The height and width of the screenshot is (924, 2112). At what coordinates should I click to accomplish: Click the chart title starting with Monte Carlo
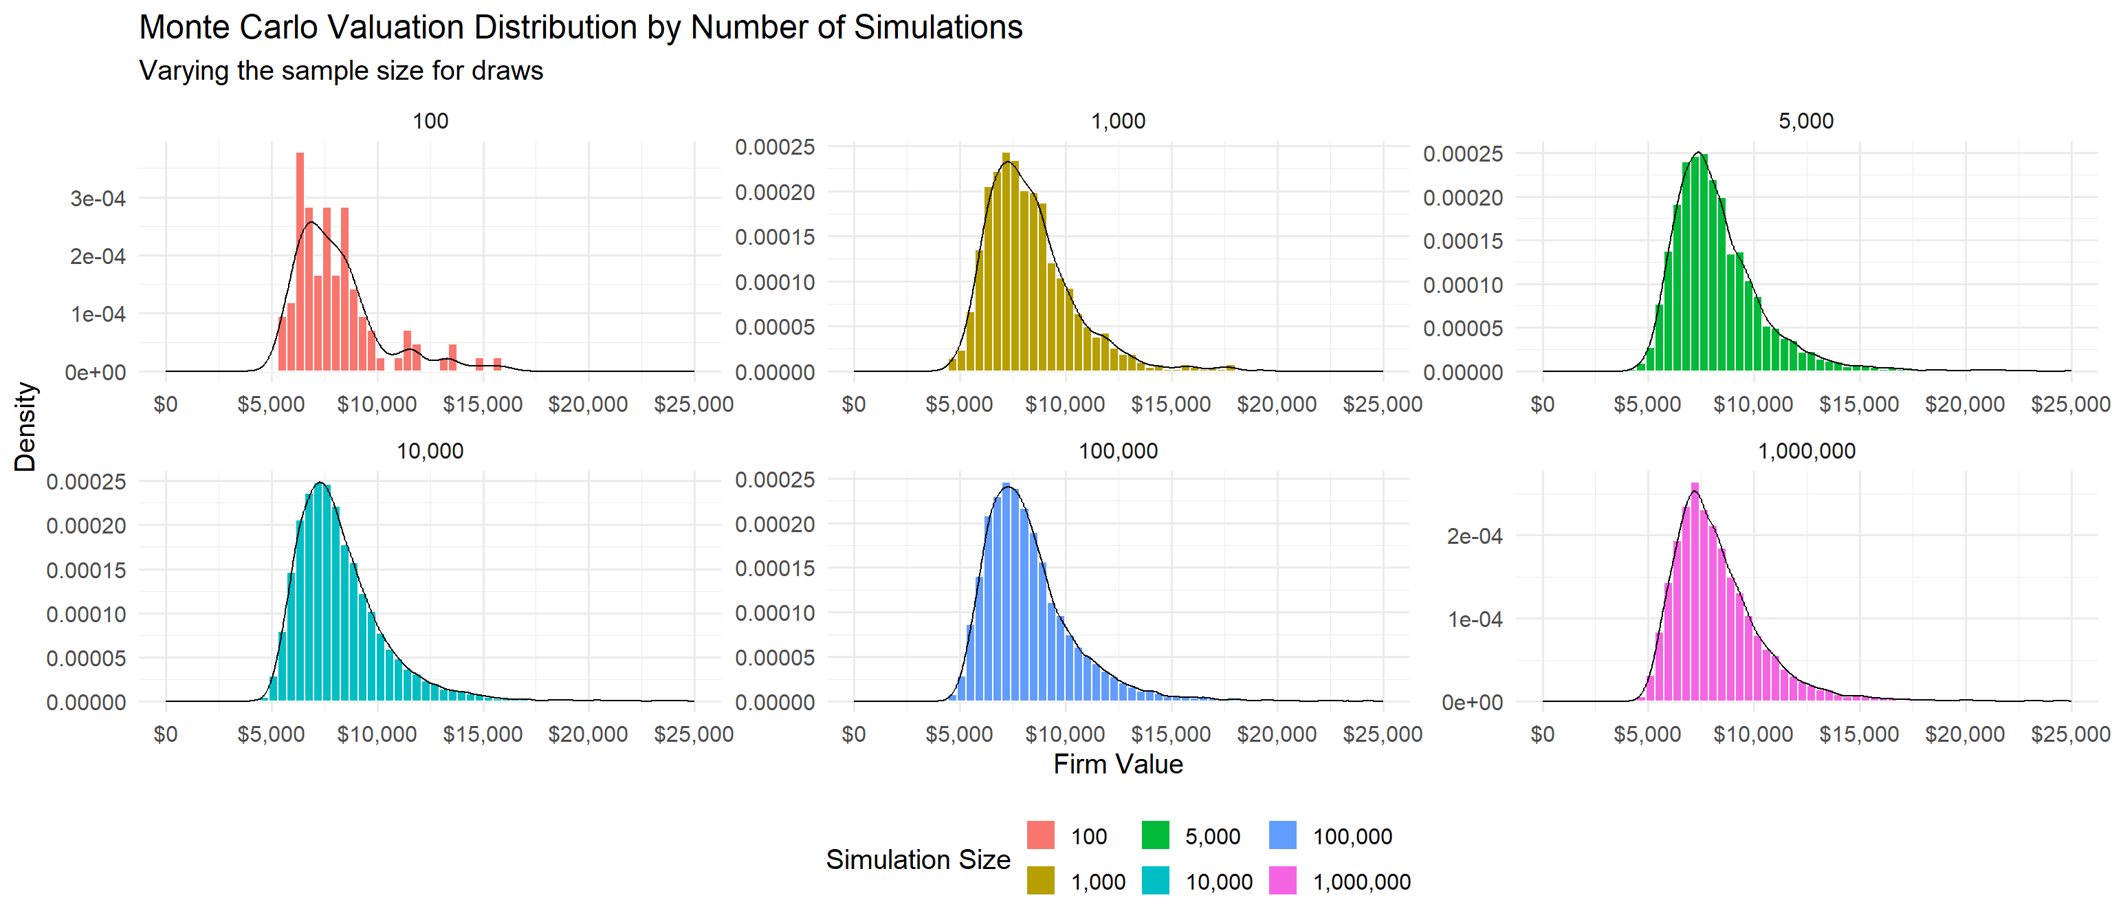[580, 27]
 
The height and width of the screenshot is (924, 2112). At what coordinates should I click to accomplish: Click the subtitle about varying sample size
[341, 71]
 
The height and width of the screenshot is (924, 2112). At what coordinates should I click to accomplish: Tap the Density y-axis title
[25, 426]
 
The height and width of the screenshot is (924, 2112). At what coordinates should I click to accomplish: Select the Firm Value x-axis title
[1117, 764]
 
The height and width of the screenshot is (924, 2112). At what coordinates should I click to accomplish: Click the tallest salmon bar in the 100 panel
[300, 263]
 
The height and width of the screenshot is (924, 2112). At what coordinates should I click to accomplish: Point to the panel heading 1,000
[1117, 121]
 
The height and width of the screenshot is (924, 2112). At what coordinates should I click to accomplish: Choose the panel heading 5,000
[1805, 121]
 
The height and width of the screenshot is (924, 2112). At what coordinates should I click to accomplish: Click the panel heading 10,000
[430, 451]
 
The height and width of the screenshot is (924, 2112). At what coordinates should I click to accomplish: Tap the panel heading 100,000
[1117, 451]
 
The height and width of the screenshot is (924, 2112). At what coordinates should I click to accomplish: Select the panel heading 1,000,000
[1806, 451]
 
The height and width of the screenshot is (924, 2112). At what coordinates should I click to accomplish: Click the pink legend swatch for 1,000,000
[1282, 881]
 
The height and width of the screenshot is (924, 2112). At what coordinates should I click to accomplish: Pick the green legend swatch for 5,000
[1155, 835]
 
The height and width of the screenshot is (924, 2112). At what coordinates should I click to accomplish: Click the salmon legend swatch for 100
[1040, 835]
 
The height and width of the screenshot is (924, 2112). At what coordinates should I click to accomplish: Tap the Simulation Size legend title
[917, 859]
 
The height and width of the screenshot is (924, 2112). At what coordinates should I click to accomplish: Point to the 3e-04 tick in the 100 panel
[98, 199]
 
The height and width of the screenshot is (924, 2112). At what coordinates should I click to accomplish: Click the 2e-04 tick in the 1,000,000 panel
[1474, 536]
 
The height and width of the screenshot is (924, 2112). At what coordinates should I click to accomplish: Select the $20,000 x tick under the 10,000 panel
[588, 734]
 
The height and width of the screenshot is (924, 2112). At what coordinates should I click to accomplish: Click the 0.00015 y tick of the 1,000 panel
[775, 237]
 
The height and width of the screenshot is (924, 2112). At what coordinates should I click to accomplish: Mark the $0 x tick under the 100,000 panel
[853, 734]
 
